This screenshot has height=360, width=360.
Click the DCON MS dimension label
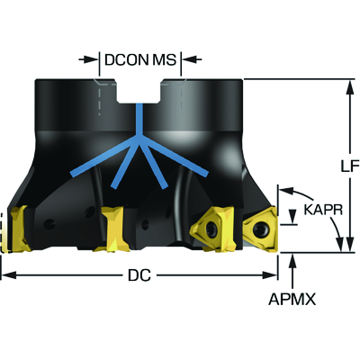point(140,59)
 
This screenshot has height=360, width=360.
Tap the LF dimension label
point(350,166)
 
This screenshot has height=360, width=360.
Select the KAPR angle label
point(323,210)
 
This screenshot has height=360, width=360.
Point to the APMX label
point(292,299)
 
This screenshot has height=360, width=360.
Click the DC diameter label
point(139,275)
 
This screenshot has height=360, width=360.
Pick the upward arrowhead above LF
point(350,87)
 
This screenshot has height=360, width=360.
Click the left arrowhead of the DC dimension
point(9,275)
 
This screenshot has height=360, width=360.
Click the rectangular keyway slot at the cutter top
point(139,92)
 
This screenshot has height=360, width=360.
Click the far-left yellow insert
point(19,229)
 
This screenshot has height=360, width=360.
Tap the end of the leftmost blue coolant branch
point(72,174)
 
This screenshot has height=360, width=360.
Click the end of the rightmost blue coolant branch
point(207,174)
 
